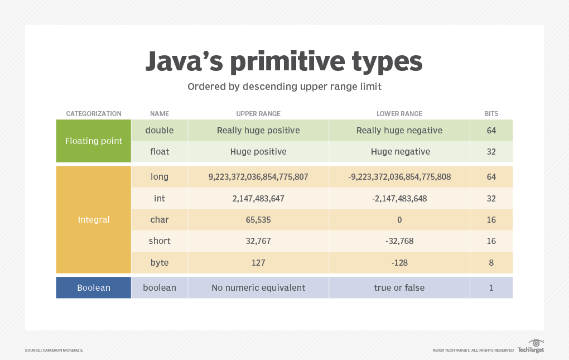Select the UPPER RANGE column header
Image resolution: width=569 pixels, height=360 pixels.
[x=258, y=114]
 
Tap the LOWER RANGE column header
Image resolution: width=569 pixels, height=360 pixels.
[x=399, y=114]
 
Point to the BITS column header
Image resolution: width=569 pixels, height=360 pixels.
[x=491, y=114]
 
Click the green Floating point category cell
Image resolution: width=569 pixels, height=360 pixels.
[x=94, y=141]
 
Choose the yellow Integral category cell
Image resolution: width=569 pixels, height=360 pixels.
[x=94, y=219]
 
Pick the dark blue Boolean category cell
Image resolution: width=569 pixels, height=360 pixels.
[x=94, y=288]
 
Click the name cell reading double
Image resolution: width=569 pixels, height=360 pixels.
[x=160, y=130]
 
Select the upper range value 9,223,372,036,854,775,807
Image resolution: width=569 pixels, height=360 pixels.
[x=258, y=177]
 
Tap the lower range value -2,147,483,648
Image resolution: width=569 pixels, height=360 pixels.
[x=399, y=198]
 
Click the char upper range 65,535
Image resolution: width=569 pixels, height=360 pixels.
[x=258, y=219]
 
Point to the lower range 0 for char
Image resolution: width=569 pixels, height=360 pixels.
[x=399, y=219]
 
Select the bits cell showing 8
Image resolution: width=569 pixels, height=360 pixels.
[x=491, y=262]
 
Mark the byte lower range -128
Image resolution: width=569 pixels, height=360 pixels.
[x=399, y=262]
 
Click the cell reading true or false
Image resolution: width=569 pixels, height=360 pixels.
[x=399, y=288]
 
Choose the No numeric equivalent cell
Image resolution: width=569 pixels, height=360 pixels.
[x=258, y=288]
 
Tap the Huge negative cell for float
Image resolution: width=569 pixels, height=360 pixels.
[x=400, y=151]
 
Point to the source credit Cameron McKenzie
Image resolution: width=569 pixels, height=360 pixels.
[x=54, y=350]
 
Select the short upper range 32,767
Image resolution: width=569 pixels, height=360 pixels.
[x=258, y=241]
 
